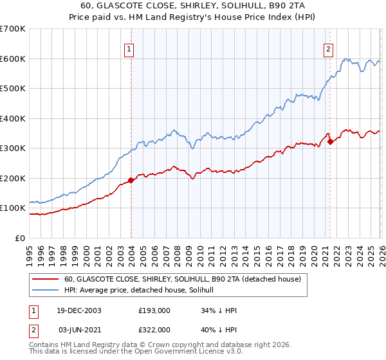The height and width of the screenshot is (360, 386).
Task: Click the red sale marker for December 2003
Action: pos(131,180)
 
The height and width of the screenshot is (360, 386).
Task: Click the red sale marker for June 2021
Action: pos(330,141)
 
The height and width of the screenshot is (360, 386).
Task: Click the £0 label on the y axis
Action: pos(21,238)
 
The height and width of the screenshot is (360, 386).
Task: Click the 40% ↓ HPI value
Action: pos(219,329)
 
